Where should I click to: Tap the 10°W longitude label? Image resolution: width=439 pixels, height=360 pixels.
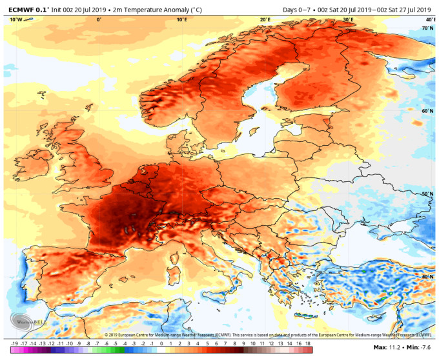[16, 20]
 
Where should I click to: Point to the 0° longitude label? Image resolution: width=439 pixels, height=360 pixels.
[98, 20]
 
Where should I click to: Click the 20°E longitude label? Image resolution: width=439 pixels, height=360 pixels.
[265, 20]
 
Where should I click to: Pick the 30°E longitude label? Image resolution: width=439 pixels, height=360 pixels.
[348, 20]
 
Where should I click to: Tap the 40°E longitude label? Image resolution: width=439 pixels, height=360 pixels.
[430, 20]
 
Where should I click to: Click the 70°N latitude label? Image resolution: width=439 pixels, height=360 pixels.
[427, 28]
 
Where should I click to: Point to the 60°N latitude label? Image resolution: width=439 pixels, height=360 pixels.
[427, 111]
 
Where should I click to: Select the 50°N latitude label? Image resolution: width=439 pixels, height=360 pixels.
[427, 194]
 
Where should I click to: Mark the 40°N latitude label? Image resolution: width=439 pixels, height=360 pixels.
[427, 276]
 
